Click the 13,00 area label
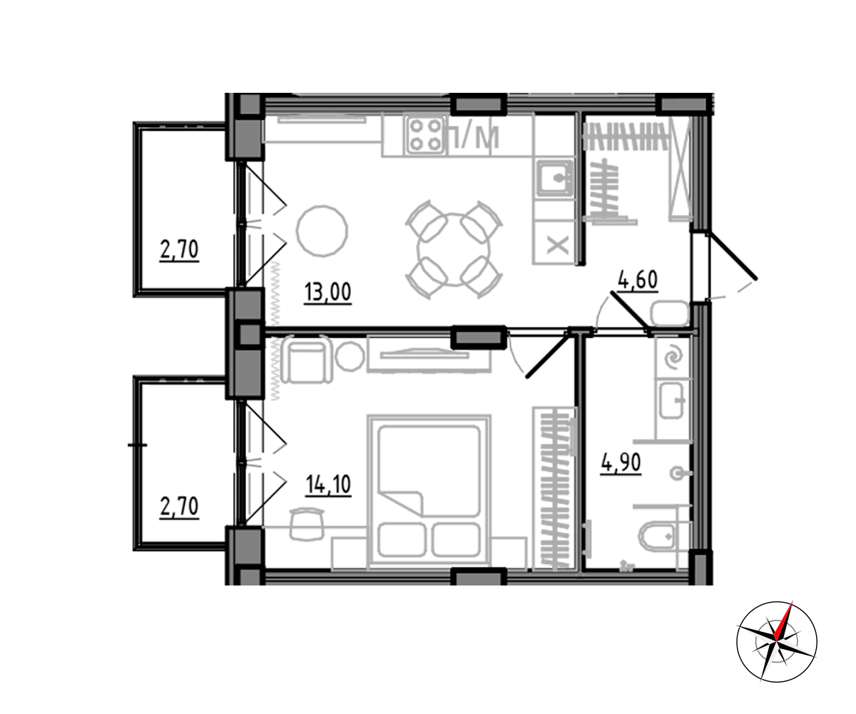tap(327, 292)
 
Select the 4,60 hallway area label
tap(638, 280)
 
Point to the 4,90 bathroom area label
tap(621, 463)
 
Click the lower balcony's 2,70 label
tap(179, 506)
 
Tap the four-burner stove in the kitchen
tap(426, 135)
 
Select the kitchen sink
tap(556, 178)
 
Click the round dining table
tap(454, 249)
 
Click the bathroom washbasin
tap(673, 401)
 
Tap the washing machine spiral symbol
tap(673, 358)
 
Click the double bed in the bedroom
tap(429, 491)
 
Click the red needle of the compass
tap(784, 620)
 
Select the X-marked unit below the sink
tap(558, 246)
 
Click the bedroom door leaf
tap(548, 355)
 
